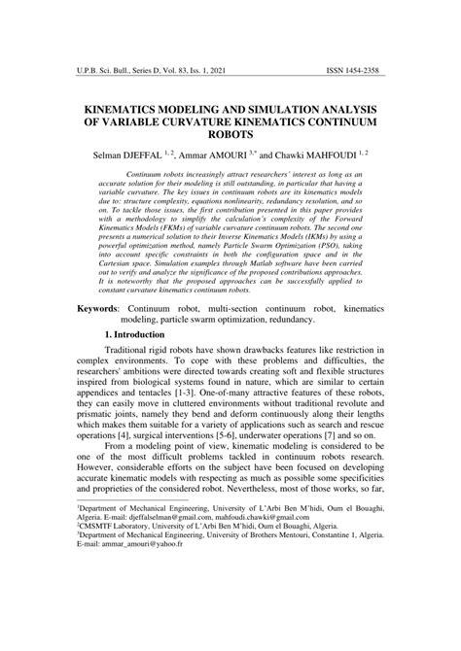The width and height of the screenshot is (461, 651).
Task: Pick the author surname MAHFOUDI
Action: (323, 154)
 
